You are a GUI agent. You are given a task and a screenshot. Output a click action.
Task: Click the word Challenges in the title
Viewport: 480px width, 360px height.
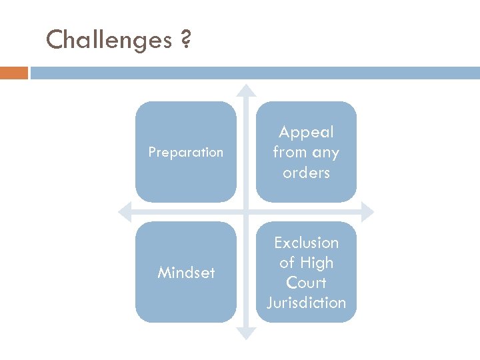pos(109,41)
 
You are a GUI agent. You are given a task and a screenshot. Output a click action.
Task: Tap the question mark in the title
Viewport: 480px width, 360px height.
pos(185,41)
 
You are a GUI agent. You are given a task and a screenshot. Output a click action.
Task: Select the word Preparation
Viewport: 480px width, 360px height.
pos(186,152)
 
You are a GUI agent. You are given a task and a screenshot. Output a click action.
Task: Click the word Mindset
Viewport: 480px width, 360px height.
pos(186,273)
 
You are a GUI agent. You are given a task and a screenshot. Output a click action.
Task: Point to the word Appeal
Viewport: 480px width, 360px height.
pos(307,133)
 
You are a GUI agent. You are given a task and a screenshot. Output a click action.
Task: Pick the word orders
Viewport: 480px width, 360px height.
pos(307,173)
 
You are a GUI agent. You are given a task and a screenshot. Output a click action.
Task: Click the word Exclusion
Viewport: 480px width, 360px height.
pos(307,243)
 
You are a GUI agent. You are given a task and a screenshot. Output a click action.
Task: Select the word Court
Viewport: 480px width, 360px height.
pos(307,283)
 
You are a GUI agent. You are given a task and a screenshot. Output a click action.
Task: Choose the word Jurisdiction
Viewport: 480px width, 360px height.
pos(307,303)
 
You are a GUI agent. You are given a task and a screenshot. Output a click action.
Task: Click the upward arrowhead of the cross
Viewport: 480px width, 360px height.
pos(247,90)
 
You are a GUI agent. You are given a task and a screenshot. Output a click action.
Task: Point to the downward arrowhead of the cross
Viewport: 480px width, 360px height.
pos(247,333)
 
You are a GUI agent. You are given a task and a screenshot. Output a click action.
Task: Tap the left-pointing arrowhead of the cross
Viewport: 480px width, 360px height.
pos(124,212)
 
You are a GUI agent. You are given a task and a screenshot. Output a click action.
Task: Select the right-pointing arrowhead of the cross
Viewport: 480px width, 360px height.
pos(368,212)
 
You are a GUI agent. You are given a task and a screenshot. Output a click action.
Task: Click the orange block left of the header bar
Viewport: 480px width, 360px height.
pos(14,73)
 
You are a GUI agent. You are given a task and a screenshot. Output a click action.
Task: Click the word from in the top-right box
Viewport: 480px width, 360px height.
pos(289,153)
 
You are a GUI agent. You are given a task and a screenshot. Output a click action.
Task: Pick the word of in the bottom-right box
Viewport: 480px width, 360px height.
pos(287,263)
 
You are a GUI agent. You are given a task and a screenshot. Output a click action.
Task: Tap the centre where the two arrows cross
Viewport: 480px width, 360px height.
pos(247,212)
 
